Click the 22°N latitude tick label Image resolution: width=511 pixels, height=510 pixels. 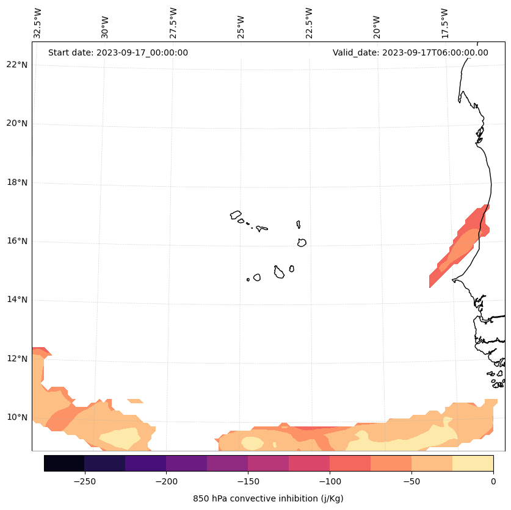17,65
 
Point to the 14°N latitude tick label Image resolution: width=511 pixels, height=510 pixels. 17,300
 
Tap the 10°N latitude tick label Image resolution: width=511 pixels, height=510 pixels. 17,417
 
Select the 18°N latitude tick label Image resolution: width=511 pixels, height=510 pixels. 17,182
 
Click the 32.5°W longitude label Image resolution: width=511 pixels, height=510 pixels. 38,23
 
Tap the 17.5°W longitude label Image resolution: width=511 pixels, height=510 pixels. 445,23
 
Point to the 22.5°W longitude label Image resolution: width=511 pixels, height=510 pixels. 309,23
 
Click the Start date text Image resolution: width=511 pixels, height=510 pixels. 118,52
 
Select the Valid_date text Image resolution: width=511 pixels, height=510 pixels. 410,52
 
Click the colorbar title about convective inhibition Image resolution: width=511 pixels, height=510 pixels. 268,498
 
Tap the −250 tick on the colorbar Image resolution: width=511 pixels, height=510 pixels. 84,481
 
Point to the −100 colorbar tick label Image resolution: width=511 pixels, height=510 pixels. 330,481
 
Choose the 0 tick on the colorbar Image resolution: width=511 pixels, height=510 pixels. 493,481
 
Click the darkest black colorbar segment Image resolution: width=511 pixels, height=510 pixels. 64,463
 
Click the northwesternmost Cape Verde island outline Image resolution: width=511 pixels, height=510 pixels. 236,215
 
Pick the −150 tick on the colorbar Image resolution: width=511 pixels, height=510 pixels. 248,481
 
